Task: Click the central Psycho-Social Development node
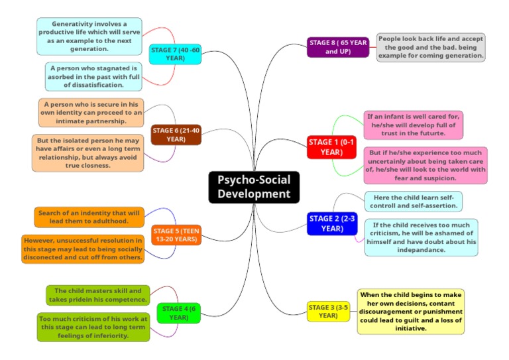click(254, 186)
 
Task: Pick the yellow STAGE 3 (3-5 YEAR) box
click(328, 311)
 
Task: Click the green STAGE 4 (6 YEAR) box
click(178, 313)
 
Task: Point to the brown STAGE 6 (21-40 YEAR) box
click(176, 135)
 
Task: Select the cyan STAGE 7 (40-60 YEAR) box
click(175, 54)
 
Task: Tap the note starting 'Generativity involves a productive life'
click(89, 36)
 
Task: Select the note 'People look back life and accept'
click(431, 48)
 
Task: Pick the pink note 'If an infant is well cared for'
click(413, 125)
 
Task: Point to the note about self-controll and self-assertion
click(413, 202)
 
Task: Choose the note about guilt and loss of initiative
click(411, 311)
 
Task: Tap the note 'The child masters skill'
click(97, 295)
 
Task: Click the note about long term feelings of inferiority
click(93, 327)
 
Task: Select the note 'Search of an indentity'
click(89, 217)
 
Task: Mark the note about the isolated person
click(87, 153)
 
